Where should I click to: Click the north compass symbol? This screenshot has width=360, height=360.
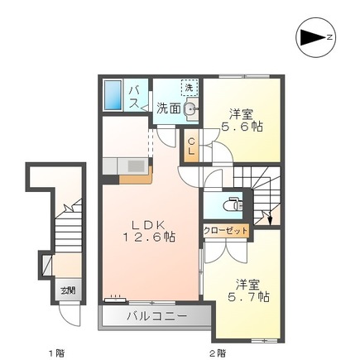315,37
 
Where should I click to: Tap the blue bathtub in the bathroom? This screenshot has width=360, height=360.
113,95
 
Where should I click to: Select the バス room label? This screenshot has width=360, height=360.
134,97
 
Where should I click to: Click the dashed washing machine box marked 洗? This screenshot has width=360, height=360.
189,88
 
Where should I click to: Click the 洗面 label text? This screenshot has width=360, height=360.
169,108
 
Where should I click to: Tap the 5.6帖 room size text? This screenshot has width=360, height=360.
242,127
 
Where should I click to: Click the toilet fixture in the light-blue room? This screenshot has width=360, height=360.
233,204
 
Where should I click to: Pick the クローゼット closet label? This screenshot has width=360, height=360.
226,230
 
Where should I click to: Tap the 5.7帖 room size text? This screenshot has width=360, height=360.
248,297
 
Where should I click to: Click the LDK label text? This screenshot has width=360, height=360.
148,225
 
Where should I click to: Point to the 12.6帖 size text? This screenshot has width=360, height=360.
149,237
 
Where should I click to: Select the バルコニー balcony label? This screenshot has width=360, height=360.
156,316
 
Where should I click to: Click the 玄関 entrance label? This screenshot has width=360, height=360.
68,290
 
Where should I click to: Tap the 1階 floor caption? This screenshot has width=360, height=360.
56,353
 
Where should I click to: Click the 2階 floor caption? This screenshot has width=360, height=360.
218,353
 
